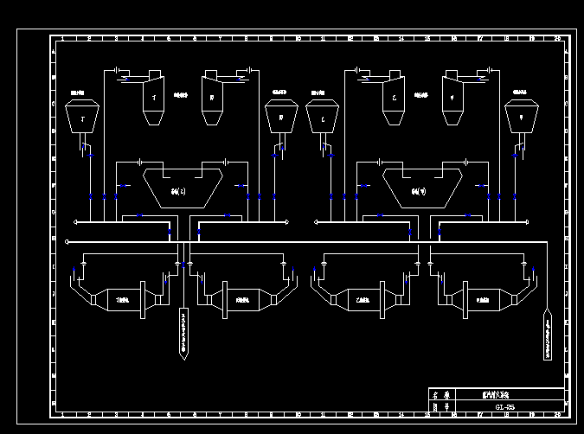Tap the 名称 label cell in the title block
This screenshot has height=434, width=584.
(x=440, y=393)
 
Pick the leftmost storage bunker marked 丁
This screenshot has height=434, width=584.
(x=83, y=117)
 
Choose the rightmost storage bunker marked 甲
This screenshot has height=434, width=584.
(x=521, y=117)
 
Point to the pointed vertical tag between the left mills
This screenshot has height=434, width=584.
(x=183, y=333)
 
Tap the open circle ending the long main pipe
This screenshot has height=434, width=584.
(x=67, y=242)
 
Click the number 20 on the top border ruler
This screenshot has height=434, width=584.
(x=557, y=39)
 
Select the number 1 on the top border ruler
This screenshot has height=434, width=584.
(x=63, y=39)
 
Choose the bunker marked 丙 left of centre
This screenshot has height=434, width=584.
(x=280, y=117)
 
